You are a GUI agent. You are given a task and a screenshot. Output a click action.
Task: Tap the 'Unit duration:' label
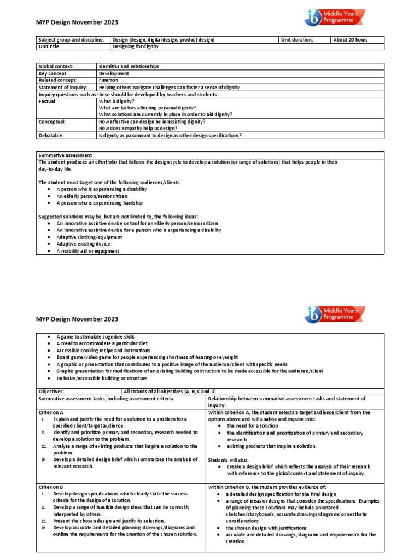click(297, 40)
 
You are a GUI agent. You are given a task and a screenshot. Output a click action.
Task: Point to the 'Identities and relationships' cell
click(129, 66)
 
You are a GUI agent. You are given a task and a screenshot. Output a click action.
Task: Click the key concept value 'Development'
click(114, 73)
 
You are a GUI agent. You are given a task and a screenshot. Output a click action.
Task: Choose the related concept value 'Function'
click(108, 80)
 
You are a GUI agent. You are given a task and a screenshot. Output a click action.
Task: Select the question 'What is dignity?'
click(116, 101)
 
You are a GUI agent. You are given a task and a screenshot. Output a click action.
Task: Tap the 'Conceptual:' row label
click(52, 121)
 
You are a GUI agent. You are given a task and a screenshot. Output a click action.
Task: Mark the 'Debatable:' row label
click(51, 135)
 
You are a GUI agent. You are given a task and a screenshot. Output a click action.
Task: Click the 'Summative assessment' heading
click(65, 155)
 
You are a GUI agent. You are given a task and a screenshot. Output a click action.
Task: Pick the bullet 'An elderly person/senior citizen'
click(92, 196)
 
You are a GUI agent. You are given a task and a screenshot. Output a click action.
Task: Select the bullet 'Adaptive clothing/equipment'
click(87, 237)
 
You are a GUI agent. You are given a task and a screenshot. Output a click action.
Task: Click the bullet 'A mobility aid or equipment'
click(87, 251)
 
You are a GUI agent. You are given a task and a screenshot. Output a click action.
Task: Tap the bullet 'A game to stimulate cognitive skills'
click(95, 336)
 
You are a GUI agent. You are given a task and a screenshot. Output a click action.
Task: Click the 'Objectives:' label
click(51, 392)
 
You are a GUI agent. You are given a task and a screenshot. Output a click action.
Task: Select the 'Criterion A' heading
click(51, 412)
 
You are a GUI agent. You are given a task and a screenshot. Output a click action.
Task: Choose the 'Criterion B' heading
click(51, 486)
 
